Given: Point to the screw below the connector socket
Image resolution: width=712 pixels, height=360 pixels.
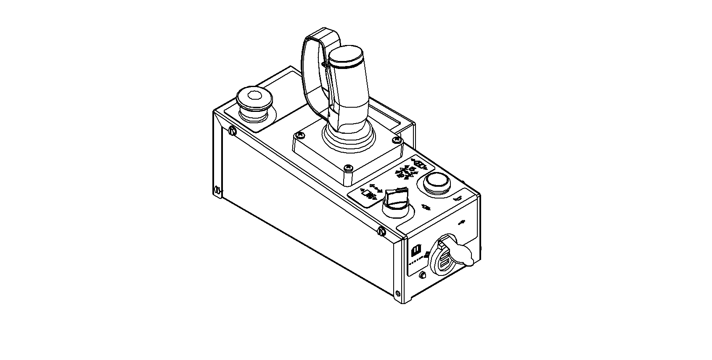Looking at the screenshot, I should [423, 275].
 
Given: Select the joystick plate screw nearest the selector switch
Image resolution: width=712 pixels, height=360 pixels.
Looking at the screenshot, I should [348, 168].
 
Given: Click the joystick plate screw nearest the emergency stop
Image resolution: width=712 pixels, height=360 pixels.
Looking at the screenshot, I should [299, 135].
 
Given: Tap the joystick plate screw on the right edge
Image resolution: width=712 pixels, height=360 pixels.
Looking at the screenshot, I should [395, 139].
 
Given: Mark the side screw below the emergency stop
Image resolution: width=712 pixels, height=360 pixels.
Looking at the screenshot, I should [232, 131].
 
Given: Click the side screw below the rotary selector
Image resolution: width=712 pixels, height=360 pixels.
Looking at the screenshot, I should [381, 230].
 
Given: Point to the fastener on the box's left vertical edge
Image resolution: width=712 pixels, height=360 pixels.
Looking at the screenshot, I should [217, 190].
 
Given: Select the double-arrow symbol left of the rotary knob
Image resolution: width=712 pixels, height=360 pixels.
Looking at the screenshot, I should [375, 188].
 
